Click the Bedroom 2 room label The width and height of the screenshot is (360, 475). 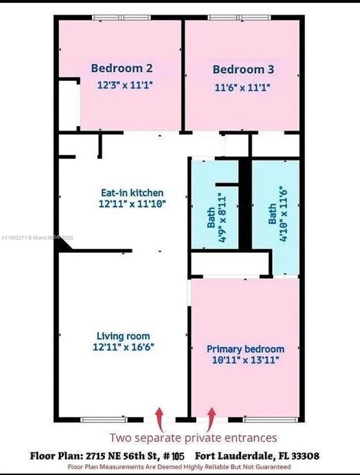pyautogui.click(x=122, y=68)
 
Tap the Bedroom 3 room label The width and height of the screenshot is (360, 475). pyautogui.click(x=243, y=70)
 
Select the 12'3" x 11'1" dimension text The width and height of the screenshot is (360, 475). pyautogui.click(x=124, y=85)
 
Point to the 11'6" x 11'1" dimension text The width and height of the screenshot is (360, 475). pyautogui.click(x=243, y=87)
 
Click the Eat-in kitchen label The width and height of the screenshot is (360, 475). pyautogui.click(x=132, y=193)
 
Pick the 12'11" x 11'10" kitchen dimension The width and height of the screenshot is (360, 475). pyautogui.click(x=132, y=204)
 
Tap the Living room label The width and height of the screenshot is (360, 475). pyautogui.click(x=123, y=336)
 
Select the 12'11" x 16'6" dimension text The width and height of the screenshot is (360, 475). pyautogui.click(x=123, y=347)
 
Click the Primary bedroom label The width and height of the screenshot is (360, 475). pyautogui.click(x=245, y=349)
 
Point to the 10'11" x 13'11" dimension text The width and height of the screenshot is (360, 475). pyautogui.click(x=245, y=360)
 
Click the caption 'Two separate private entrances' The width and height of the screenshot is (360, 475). pyautogui.click(x=193, y=438)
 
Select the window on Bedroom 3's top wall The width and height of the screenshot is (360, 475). pyautogui.click(x=239, y=17)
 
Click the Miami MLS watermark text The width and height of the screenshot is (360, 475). pyautogui.click(x=45, y=238)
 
